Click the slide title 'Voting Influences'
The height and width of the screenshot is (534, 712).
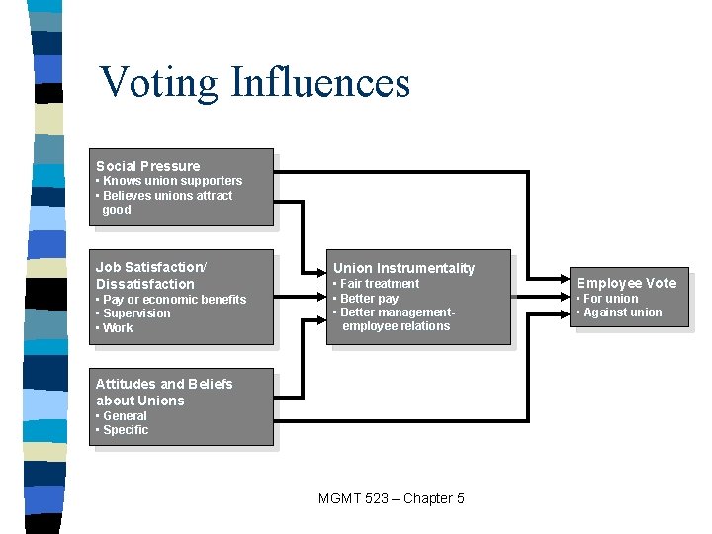click(x=255, y=82)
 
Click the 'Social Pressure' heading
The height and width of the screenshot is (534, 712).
click(x=147, y=166)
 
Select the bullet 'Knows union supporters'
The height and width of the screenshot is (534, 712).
click(x=171, y=181)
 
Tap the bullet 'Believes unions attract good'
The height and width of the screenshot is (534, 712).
click(x=166, y=202)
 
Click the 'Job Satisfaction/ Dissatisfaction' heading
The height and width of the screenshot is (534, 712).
click(x=150, y=275)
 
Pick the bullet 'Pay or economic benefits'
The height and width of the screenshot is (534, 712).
click(x=173, y=299)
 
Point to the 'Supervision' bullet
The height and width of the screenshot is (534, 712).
click(x=135, y=313)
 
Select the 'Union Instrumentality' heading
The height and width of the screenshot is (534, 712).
click(x=403, y=268)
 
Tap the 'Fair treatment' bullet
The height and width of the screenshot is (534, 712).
click(x=379, y=284)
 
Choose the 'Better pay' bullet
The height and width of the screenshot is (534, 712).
click(x=368, y=298)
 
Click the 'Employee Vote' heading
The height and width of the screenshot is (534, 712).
click(x=626, y=283)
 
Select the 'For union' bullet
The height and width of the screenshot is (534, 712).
click(x=609, y=298)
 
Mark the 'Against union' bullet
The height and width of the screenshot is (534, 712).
click(x=621, y=312)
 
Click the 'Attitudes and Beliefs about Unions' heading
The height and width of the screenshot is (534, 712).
click(x=163, y=392)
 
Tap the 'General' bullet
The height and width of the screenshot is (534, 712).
click(x=124, y=416)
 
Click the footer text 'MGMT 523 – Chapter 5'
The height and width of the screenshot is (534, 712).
click(x=392, y=498)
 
